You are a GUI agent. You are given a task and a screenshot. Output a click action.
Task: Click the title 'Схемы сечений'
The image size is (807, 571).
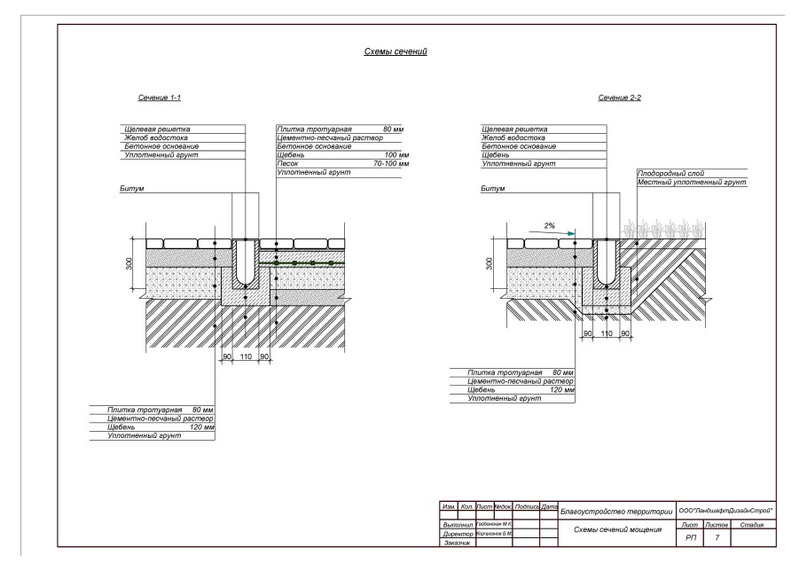tap(396, 53)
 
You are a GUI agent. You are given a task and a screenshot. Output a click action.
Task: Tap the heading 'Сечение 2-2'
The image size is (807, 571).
tap(621, 98)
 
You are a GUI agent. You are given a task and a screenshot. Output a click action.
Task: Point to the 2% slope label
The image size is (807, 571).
tap(550, 226)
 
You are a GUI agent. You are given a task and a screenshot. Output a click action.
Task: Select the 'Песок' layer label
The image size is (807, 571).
tap(287, 164)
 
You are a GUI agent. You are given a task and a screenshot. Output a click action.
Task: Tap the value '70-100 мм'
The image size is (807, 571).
tap(391, 164)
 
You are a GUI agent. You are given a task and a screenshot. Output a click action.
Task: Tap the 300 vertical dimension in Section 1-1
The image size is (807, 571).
tap(129, 263)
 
